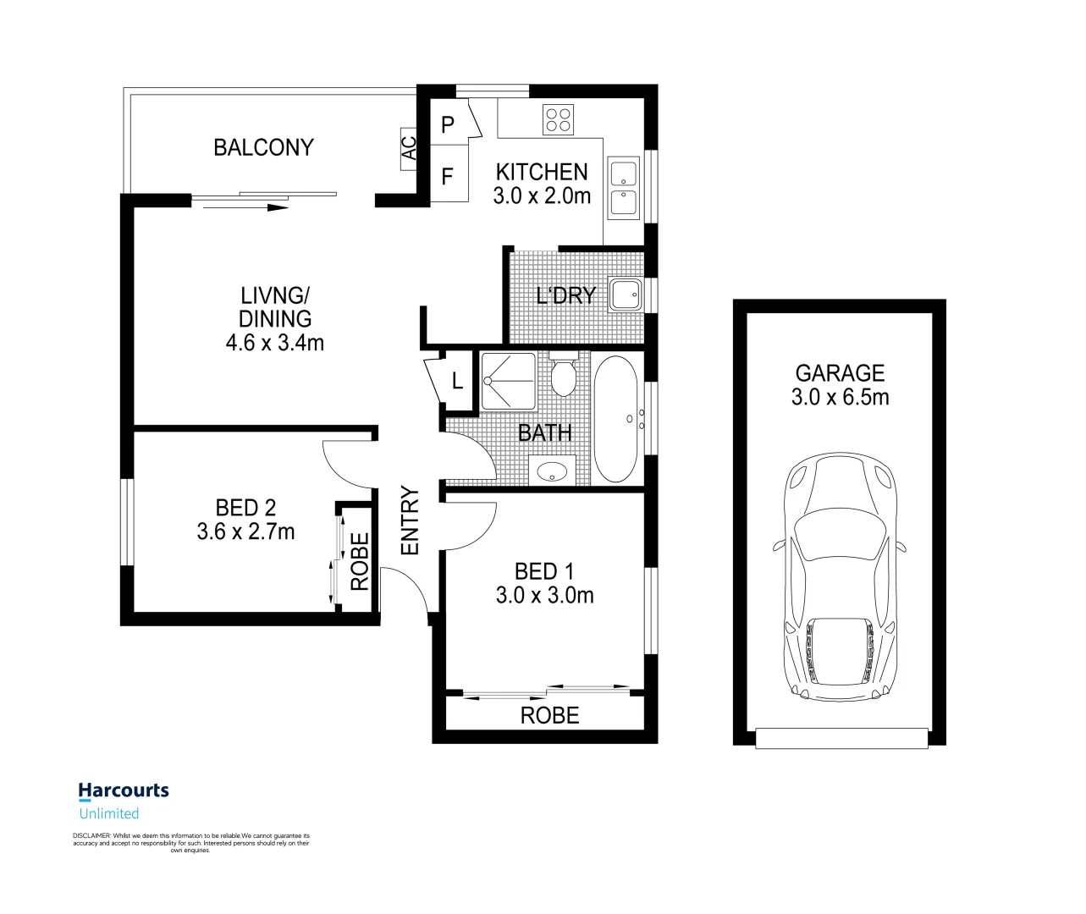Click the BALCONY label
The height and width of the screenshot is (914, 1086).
click(263, 147)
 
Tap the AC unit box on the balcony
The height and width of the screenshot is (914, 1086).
click(409, 149)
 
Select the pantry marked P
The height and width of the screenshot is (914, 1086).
click(448, 124)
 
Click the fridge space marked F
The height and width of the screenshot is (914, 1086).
click(448, 176)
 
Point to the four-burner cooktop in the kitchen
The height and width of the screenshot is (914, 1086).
click(559, 119)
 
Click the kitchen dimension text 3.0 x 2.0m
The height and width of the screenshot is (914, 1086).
click(542, 196)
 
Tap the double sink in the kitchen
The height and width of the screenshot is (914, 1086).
click(624, 189)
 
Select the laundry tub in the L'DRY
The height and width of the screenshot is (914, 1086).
click(626, 295)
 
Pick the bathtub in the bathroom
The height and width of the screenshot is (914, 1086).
click(615, 419)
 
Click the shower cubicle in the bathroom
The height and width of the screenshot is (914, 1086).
click(508, 381)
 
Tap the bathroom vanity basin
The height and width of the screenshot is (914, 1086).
click(552, 471)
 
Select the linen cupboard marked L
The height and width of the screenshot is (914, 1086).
click(458, 381)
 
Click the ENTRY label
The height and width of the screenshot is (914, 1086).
click(410, 520)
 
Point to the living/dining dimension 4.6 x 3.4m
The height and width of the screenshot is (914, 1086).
click(274, 343)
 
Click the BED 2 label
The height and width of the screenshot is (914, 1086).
click(245, 508)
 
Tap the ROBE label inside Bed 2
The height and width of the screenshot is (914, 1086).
click(360, 561)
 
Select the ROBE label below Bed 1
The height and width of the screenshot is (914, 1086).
click(549, 716)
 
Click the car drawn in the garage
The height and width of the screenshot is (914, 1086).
click(839, 575)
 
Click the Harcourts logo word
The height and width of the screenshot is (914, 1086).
click(124, 790)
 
